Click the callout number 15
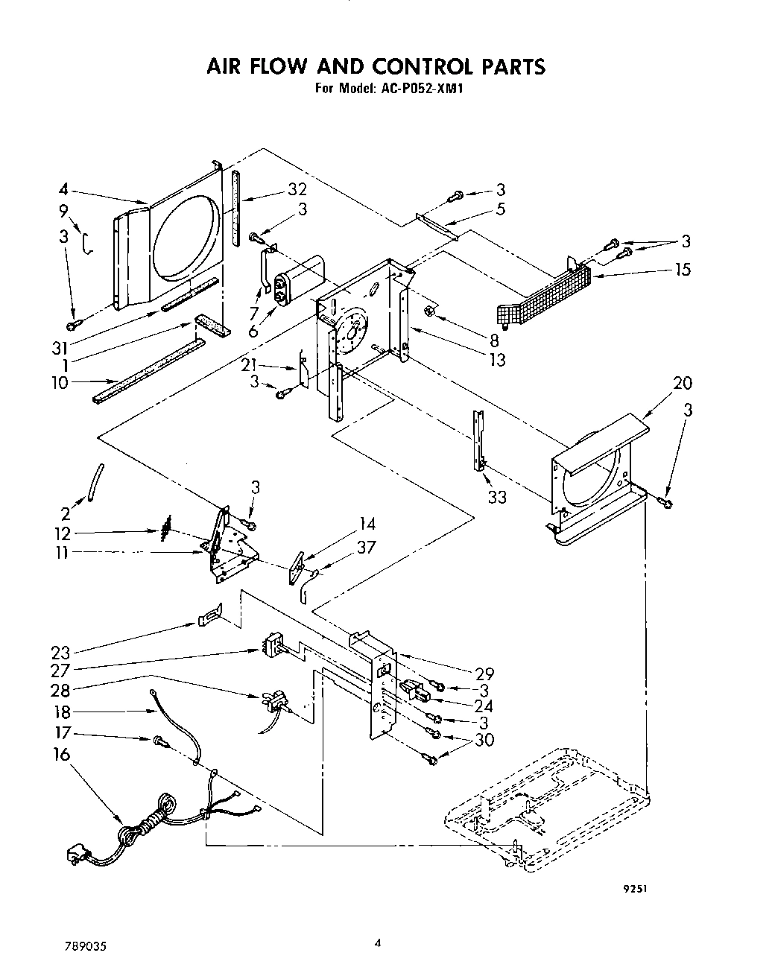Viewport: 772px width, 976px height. point(683,269)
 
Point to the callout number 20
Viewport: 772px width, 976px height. point(683,383)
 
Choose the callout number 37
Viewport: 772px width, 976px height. point(366,548)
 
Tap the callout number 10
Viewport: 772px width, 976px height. point(60,383)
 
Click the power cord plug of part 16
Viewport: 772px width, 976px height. point(76,856)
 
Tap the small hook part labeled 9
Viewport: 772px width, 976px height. point(87,243)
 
